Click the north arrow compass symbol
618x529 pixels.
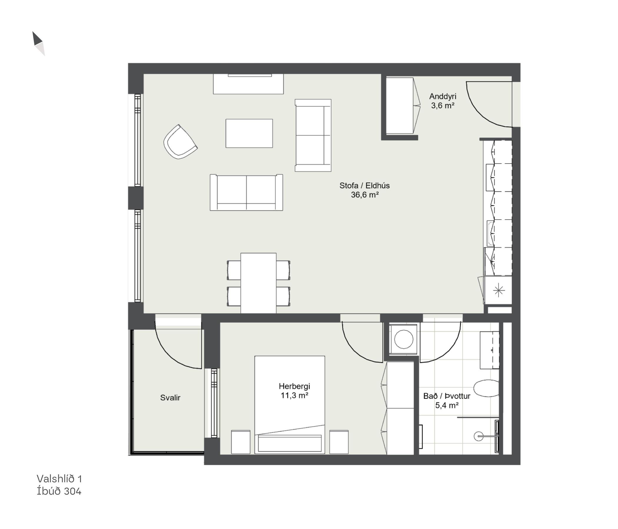[x=39, y=43]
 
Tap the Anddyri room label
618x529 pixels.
[x=443, y=96]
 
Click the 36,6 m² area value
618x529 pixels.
[x=365, y=195]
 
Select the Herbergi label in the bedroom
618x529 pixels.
[x=294, y=386]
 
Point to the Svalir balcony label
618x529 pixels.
[x=170, y=398]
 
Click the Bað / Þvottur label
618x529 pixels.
[x=447, y=396]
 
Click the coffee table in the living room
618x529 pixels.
[x=249, y=133]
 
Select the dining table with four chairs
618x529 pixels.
[x=258, y=283]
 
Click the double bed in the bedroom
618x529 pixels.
[x=290, y=405]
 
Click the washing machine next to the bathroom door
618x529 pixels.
[x=403, y=339]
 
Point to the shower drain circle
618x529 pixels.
[x=479, y=436]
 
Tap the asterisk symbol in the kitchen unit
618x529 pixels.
[x=499, y=290]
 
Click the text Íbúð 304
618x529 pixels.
[x=59, y=491]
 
